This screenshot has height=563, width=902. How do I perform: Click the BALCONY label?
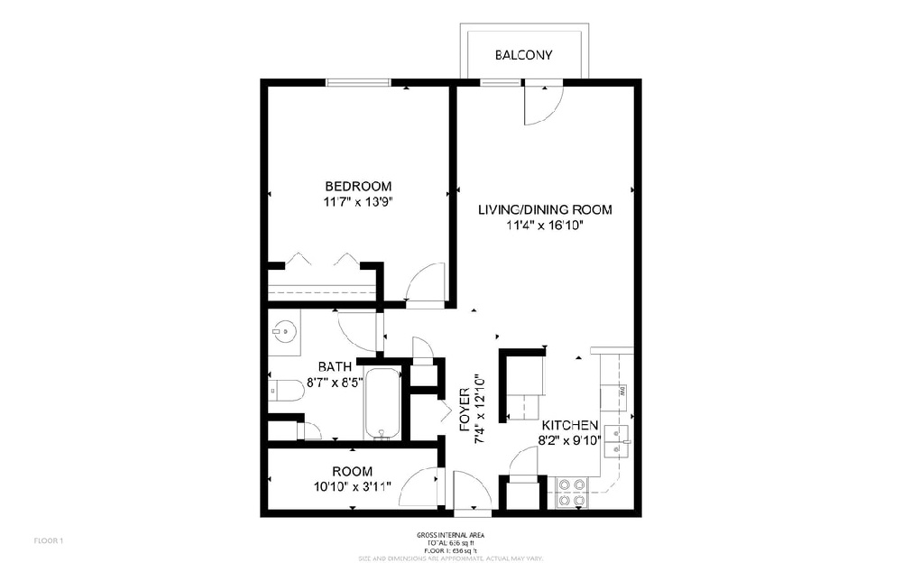coord(523,56)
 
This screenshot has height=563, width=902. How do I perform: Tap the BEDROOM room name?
coord(358,186)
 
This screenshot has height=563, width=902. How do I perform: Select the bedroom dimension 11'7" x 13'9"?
coord(358,202)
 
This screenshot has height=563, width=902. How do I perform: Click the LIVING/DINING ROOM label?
coord(545,209)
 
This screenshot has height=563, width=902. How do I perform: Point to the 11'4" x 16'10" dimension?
coord(545,226)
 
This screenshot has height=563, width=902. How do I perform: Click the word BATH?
coord(335,366)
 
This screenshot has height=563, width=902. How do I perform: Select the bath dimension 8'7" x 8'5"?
coord(335,382)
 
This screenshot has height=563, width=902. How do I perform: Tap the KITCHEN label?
coord(570,425)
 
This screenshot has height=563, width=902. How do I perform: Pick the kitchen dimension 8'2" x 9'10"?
coord(570,441)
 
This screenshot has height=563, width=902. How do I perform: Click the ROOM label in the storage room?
coord(352,471)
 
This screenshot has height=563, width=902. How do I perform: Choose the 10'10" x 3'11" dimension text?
coord(352,487)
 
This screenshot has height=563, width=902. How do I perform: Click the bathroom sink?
coord(283,331)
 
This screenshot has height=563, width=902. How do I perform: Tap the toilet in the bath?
coord(286,391)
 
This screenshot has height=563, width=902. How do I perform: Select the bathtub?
coord(382,403)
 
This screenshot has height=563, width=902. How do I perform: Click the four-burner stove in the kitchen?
coord(571,493)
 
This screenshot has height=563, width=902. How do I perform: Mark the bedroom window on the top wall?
coord(358,83)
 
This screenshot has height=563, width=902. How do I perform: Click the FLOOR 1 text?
coord(48,540)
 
